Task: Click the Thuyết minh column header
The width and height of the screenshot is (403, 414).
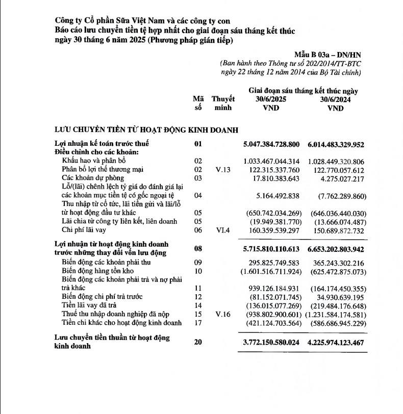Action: click(223, 103)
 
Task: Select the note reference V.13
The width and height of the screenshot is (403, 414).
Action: click(223, 169)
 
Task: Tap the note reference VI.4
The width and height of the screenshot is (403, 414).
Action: click(223, 230)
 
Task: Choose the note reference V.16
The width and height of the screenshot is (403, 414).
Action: click(223, 314)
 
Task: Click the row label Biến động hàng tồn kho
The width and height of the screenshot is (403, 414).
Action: click(95, 271)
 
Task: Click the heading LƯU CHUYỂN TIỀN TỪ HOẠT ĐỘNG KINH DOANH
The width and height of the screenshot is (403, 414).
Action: click(146, 131)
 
